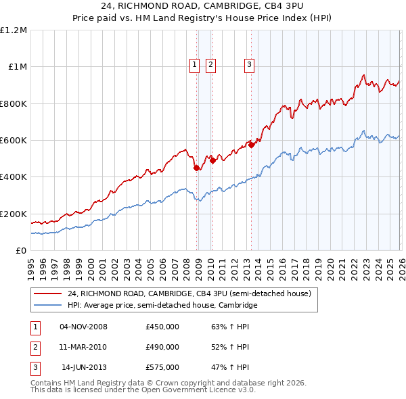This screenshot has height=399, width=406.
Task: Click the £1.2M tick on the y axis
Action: [x=14, y=30]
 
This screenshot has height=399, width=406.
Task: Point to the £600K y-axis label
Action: [x=14, y=141]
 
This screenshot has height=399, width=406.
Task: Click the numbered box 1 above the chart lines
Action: [x=194, y=65]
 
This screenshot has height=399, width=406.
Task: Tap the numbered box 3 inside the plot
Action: [x=249, y=65]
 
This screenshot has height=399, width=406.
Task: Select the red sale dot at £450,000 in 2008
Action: [x=196, y=168]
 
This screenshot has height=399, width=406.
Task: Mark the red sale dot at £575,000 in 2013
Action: [x=251, y=145]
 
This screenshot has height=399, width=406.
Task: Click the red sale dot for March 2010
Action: [x=212, y=160]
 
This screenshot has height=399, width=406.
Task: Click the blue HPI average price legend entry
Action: [x=162, y=306]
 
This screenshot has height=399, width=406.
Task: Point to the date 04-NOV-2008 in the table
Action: [x=84, y=327]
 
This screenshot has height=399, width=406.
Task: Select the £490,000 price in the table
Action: [x=162, y=347]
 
